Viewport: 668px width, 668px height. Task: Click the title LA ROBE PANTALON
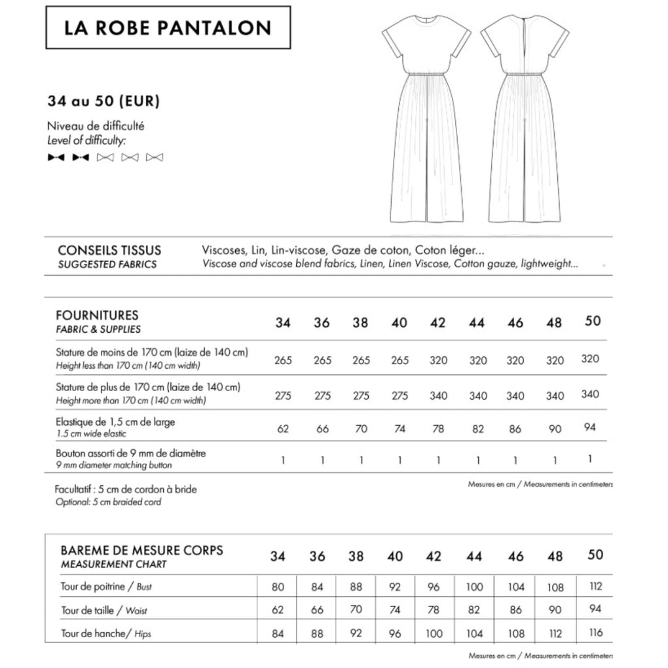tap(168, 28)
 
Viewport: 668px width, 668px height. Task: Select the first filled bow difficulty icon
tap(56, 157)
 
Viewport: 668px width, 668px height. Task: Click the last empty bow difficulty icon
tap(155, 157)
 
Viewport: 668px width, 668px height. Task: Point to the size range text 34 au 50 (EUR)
tap(103, 102)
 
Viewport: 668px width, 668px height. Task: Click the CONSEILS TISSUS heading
tap(109, 250)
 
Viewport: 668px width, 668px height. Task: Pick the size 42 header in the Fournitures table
tap(437, 322)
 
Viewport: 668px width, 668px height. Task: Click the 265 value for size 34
tap(283, 360)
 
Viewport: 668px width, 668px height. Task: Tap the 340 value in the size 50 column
tap(591, 394)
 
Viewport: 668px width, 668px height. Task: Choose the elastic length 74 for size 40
tap(399, 429)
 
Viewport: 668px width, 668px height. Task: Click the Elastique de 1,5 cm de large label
tap(116, 422)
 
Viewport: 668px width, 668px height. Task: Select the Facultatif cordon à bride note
tap(126, 489)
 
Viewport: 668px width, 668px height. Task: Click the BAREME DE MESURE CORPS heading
tap(141, 550)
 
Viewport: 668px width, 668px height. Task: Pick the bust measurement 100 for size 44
tap(475, 587)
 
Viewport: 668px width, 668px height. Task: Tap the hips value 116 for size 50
tap(595, 633)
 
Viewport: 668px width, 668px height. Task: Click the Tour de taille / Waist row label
tap(104, 610)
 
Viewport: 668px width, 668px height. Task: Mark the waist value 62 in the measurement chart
tap(278, 610)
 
